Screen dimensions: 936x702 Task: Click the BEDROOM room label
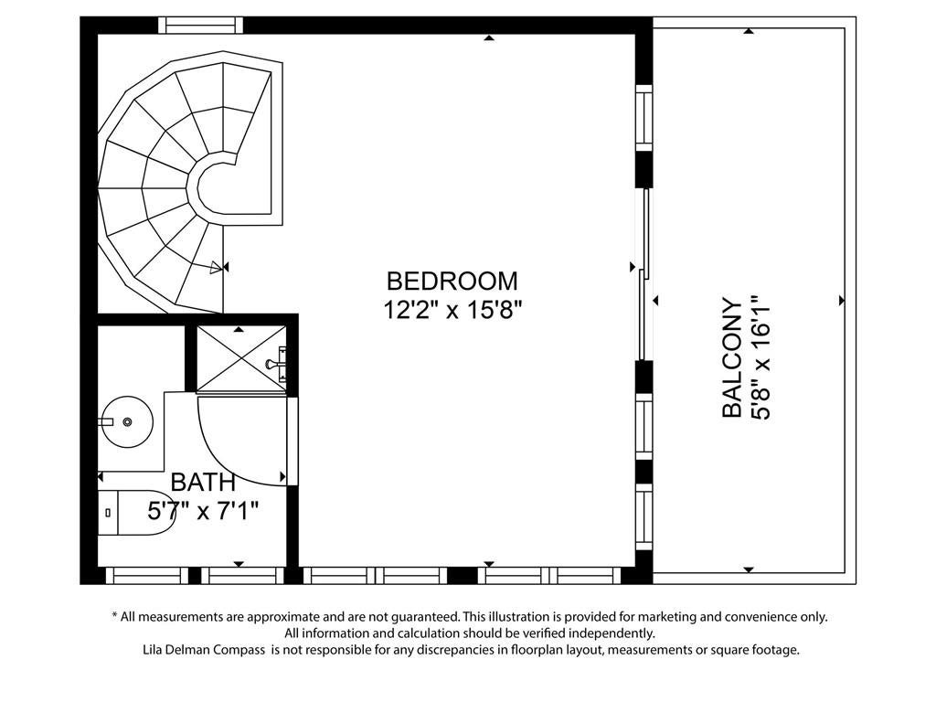452,281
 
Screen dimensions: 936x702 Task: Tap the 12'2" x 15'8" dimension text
452,310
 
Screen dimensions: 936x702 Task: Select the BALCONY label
733,357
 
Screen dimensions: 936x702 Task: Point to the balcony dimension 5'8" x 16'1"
761,357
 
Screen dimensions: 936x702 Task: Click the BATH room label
203,482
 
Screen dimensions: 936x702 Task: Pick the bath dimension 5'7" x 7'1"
203,510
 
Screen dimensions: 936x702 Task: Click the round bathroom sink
126,422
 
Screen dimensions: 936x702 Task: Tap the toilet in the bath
136,513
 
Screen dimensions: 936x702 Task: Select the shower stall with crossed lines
240,359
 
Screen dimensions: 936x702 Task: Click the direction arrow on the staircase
218,268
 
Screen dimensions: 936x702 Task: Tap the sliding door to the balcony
643,273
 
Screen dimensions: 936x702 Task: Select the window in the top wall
200,25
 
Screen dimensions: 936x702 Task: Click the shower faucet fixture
277,363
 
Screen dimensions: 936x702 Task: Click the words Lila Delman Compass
204,650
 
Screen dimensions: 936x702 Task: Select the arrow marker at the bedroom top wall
489,38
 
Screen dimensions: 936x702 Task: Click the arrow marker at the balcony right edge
842,300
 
